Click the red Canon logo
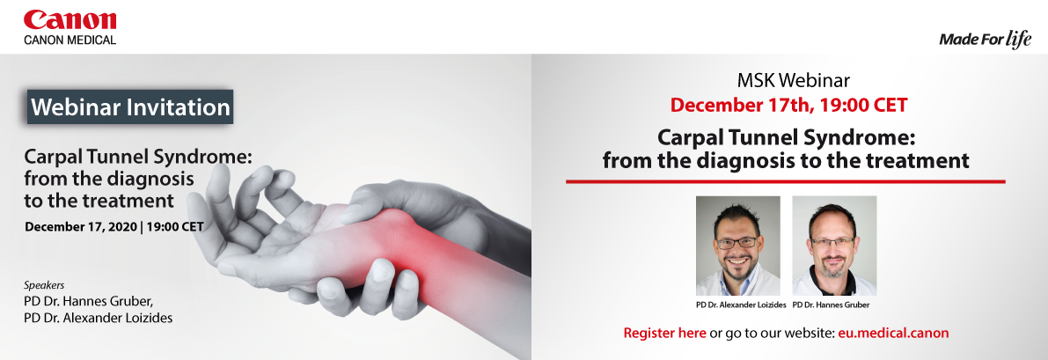coord(70,20)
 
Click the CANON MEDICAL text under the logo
coord(70,40)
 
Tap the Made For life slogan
coord(986,40)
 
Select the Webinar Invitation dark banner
coord(130,107)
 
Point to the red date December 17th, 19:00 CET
coord(788,105)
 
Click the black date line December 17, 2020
coord(114,227)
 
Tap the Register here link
coord(664,333)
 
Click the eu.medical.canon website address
coord(893,333)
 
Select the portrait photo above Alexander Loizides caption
coord(738,246)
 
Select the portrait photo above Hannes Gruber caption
coord(834,246)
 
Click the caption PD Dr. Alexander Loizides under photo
coord(741,305)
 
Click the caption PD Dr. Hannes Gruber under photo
coord(831,305)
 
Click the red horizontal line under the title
coord(785,181)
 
